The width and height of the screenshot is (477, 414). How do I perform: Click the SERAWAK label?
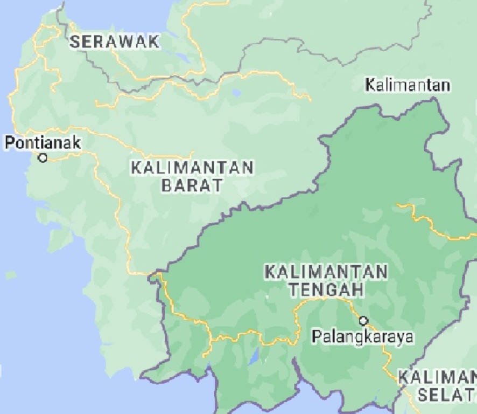pyautogui.click(x=115, y=41)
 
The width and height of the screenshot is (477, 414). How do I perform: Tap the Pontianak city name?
pyautogui.click(x=43, y=143)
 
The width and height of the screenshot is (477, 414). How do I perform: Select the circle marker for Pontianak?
pyautogui.click(x=43, y=158)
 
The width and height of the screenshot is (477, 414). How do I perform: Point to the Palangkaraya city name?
pyautogui.click(x=363, y=336)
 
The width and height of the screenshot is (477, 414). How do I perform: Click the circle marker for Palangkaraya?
pyautogui.click(x=363, y=321)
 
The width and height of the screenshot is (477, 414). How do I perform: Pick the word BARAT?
pyautogui.click(x=192, y=186)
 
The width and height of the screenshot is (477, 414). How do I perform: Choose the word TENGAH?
pyautogui.click(x=325, y=289)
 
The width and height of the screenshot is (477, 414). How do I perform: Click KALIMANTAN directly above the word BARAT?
pyautogui.click(x=192, y=167)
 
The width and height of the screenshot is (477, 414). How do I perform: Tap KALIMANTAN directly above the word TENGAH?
pyautogui.click(x=326, y=271)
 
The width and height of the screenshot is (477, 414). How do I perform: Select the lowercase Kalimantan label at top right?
pyautogui.click(x=407, y=85)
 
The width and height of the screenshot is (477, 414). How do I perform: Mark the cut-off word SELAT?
pyautogui.click(x=447, y=395)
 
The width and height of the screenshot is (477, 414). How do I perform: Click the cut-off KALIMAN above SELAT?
pyautogui.click(x=437, y=377)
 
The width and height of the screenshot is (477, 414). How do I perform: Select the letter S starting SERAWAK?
pyautogui.click(x=75, y=42)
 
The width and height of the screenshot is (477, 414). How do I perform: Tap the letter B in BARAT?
pyautogui.click(x=166, y=186)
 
